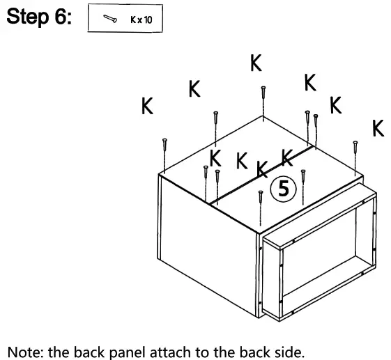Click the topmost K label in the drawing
tap(256, 64)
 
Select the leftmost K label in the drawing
tap(147, 107)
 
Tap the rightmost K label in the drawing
tap(378, 129)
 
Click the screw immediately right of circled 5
tap(302, 185)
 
